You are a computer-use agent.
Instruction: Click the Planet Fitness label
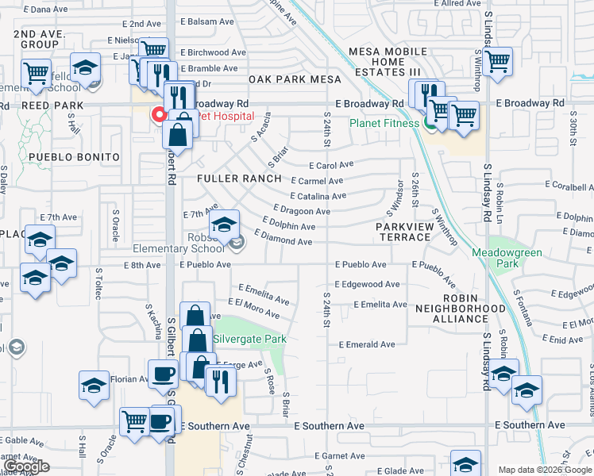[x=384, y=123]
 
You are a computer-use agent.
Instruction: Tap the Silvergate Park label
[x=249, y=339]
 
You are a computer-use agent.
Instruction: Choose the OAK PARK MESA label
[x=295, y=79]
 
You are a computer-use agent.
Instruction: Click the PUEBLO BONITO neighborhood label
[x=74, y=157]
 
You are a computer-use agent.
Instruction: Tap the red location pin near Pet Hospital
[x=159, y=114]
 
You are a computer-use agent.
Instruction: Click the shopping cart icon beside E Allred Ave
[x=497, y=60]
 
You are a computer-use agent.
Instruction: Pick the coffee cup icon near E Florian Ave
[x=164, y=373]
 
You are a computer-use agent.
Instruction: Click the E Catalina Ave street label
[x=318, y=196]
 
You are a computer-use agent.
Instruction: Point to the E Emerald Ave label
[x=367, y=345]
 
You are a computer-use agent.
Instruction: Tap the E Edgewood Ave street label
[x=367, y=284]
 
